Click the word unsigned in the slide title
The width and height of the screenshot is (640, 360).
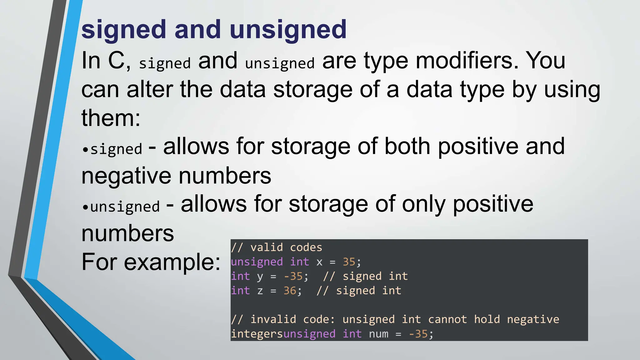tap(288, 30)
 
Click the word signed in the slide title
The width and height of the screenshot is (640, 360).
tap(123, 30)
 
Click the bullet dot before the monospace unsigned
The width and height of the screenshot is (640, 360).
tap(85, 207)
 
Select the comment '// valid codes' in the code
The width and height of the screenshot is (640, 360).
tap(276, 247)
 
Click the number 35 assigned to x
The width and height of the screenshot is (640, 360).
tap(349, 262)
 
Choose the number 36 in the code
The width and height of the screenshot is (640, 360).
tap(290, 291)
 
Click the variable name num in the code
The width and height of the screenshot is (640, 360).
tap(378, 334)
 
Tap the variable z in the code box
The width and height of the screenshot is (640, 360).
tap(260, 291)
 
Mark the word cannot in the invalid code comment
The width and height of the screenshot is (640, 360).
tap(447, 319)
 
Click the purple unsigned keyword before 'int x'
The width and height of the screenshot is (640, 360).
tap(257, 262)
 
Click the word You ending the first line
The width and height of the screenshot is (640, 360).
tap(546, 61)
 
